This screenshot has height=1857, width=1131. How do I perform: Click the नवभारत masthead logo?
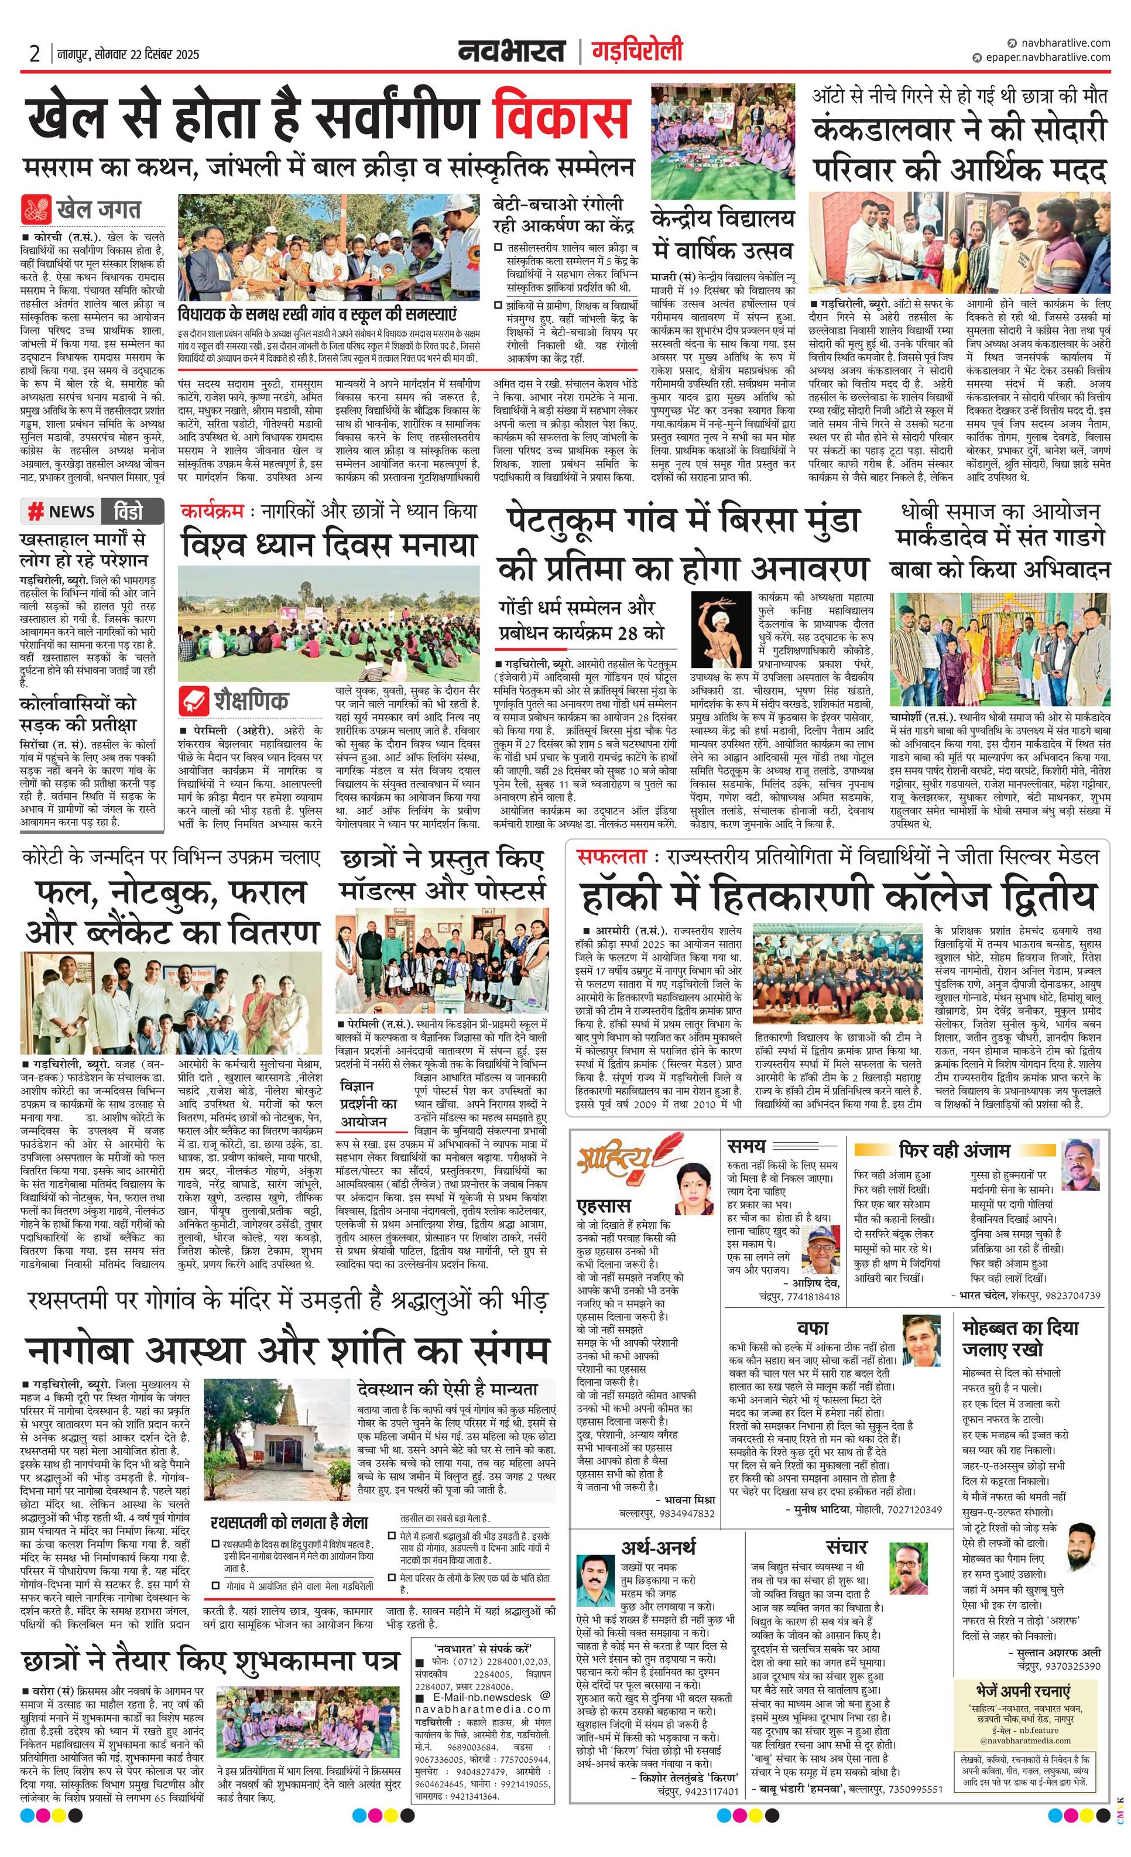pos(512,52)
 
